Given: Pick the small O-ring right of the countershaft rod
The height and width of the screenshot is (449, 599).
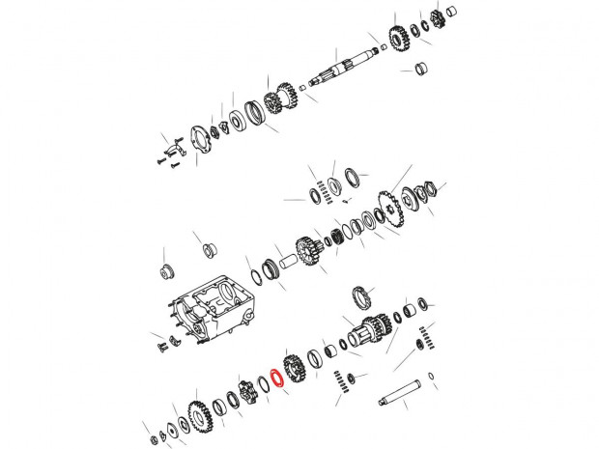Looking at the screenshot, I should [431, 376].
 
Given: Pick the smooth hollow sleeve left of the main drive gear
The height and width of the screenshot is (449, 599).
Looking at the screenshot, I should [291, 262].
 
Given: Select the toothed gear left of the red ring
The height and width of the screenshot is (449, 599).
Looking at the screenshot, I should [242, 396].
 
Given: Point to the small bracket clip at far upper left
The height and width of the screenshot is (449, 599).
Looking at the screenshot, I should [172, 149].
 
